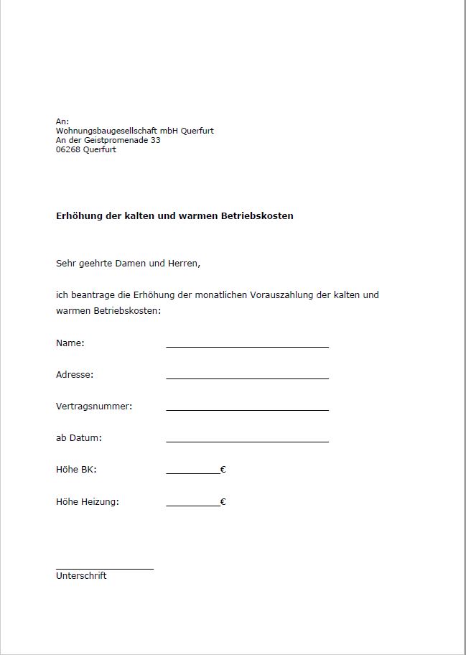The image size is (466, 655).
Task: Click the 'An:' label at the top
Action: pos(62,121)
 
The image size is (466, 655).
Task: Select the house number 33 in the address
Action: pos(156,140)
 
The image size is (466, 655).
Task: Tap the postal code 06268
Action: pos(67,149)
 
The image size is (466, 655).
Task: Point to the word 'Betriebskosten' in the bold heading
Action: pos(258,215)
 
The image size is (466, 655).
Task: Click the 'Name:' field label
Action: pos(70,343)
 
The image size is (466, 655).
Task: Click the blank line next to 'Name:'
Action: pos(247,345)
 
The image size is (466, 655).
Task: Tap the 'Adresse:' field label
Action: pos(75,375)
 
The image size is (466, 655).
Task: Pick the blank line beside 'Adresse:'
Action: pos(247,377)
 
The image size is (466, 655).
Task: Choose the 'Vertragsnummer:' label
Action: pos(94,407)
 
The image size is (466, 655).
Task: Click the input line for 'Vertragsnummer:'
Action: pos(247,409)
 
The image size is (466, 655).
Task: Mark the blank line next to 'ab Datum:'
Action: pos(247,440)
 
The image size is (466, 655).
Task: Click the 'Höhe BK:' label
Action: pos(76,470)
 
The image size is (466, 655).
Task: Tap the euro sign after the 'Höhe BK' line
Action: pos(223,470)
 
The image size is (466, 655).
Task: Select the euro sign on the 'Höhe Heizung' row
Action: pos(223,502)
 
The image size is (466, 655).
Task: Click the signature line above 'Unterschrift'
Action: pos(105,568)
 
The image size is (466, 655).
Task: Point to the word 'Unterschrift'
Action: pos(81,576)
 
